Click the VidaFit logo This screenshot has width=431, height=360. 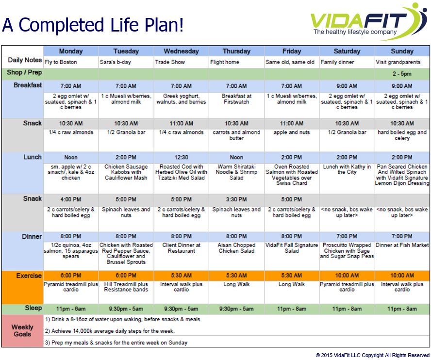(368, 22)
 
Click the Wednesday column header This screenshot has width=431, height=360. (181, 51)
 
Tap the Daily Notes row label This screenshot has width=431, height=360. (25, 60)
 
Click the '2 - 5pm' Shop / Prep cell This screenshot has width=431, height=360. (402, 74)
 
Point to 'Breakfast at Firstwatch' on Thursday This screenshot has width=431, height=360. (236, 99)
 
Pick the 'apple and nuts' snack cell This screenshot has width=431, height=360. (291, 132)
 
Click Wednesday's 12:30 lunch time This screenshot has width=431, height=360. (181, 158)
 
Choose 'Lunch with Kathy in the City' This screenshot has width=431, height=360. (347, 169)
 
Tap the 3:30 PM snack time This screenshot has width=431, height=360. (236, 199)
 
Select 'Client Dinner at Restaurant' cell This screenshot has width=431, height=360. (181, 248)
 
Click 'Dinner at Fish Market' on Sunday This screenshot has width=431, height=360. (402, 245)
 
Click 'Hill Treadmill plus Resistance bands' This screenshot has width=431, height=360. (126, 287)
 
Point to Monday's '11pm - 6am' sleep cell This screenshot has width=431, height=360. (71, 309)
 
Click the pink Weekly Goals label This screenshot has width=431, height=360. (22, 330)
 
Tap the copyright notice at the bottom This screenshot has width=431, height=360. (372, 355)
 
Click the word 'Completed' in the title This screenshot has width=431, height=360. (62, 25)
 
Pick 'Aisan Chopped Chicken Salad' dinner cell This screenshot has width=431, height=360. (236, 248)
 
